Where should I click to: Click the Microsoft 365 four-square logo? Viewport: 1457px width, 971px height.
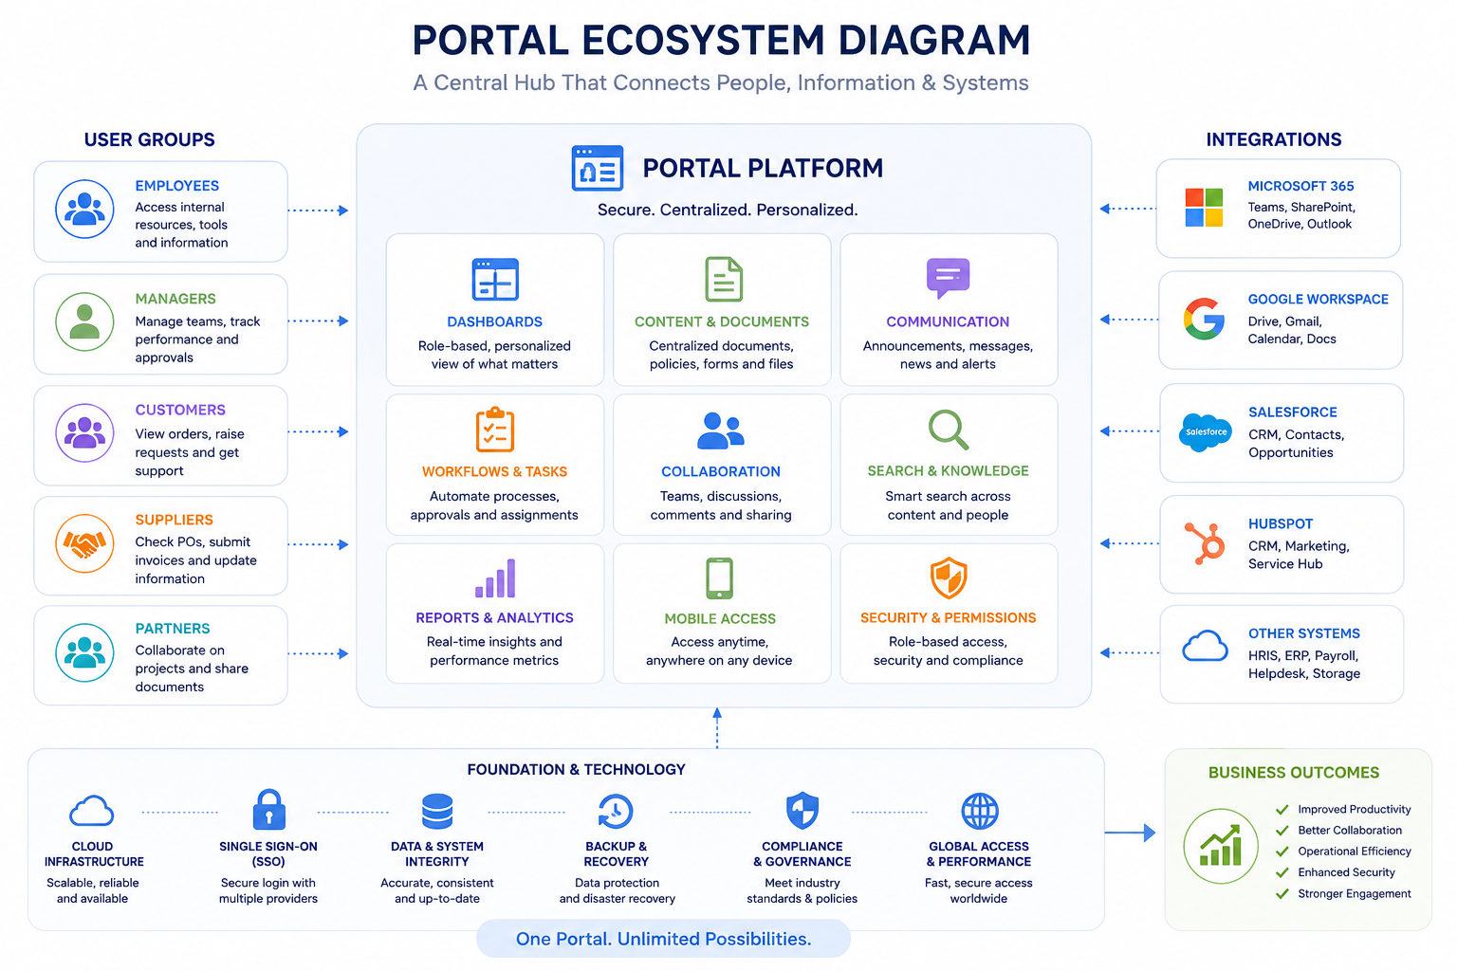click(x=1204, y=208)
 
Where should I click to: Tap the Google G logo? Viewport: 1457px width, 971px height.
click(x=1204, y=319)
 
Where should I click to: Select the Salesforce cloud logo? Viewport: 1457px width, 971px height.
click(x=1206, y=431)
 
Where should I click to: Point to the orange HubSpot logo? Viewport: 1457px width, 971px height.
click(x=1206, y=543)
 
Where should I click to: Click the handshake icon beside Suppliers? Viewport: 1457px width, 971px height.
click(x=84, y=543)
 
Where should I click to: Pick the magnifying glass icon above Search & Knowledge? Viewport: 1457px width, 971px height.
click(x=948, y=430)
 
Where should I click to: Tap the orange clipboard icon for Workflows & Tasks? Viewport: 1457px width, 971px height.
click(x=495, y=430)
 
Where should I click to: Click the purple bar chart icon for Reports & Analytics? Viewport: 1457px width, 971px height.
click(x=495, y=578)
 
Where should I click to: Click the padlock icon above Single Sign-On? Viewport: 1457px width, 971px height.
click(x=268, y=810)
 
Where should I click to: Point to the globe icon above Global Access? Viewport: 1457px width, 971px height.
click(x=980, y=811)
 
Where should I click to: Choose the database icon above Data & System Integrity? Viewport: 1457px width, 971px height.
click(x=437, y=811)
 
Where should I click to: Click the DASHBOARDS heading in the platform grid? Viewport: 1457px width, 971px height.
click(x=494, y=321)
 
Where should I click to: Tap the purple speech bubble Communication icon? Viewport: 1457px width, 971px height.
click(x=948, y=278)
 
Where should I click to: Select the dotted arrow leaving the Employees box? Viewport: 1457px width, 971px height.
click(x=318, y=211)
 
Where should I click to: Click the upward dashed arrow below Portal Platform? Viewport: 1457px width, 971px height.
click(x=717, y=727)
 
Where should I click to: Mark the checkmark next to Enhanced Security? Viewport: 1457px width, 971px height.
click(x=1282, y=872)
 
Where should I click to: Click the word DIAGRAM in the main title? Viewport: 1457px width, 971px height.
click(x=934, y=41)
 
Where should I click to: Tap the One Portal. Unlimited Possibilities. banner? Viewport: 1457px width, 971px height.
click(x=663, y=939)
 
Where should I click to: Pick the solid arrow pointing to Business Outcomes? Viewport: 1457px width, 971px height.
click(x=1130, y=832)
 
